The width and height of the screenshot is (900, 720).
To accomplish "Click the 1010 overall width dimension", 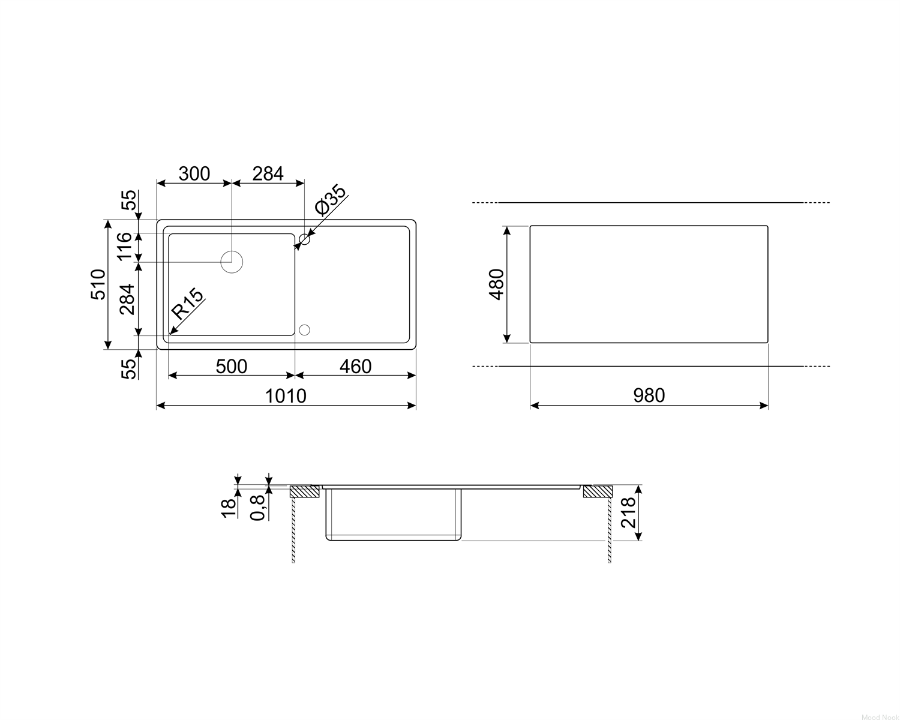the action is pos(286,396).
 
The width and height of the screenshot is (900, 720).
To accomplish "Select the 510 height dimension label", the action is pos(98,284).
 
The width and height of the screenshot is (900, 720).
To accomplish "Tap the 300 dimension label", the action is pos(194,173).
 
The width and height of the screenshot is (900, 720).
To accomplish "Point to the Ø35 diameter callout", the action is pos(331,200).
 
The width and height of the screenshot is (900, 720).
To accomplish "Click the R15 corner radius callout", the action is pos(188,304).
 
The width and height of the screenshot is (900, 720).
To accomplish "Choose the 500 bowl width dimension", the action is pos(231,367).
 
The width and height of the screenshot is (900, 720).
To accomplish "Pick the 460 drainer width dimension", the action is pos(355,367).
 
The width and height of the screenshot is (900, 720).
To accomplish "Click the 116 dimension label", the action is pos(125,247).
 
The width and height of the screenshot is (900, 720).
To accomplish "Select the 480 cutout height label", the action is pos(496,284).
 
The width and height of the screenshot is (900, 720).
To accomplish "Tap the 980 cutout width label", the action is pos(649,395).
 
